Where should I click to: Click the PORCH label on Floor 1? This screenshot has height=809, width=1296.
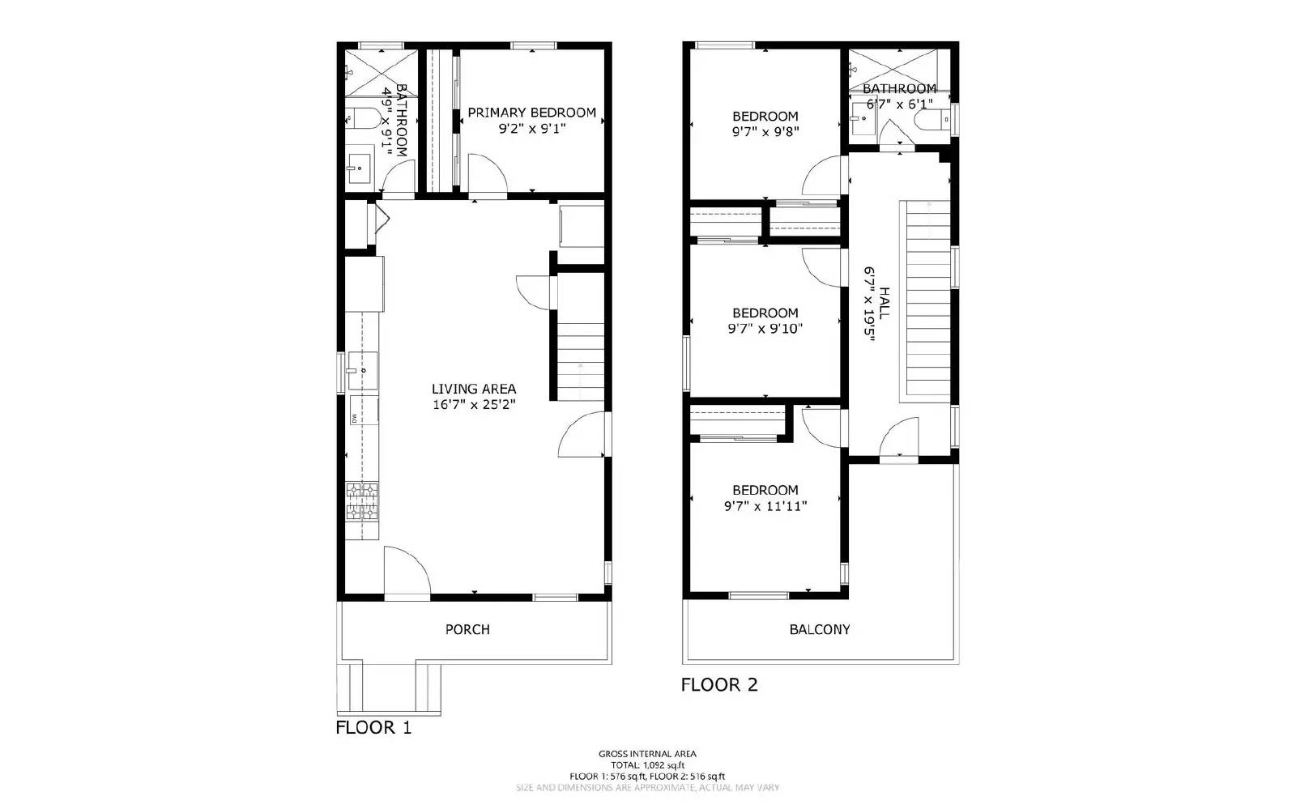point(467,629)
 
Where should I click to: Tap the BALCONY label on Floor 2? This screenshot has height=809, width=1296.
point(820,629)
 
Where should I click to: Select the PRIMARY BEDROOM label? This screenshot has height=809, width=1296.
point(531,113)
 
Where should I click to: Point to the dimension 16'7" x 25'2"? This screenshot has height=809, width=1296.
point(474,405)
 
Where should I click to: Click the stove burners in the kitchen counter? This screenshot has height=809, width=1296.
point(362,501)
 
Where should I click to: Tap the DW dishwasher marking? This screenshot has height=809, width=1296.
point(355,418)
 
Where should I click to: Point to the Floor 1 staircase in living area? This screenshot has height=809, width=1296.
point(580,356)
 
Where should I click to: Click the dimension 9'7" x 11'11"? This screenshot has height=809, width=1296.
point(765,506)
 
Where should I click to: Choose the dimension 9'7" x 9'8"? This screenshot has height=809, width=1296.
point(765,131)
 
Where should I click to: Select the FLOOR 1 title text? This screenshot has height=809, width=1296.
point(373,727)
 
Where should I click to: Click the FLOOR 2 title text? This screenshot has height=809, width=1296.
point(719,684)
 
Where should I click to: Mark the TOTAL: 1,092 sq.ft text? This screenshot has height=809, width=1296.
point(647,764)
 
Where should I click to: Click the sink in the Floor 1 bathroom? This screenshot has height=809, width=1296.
point(359,168)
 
